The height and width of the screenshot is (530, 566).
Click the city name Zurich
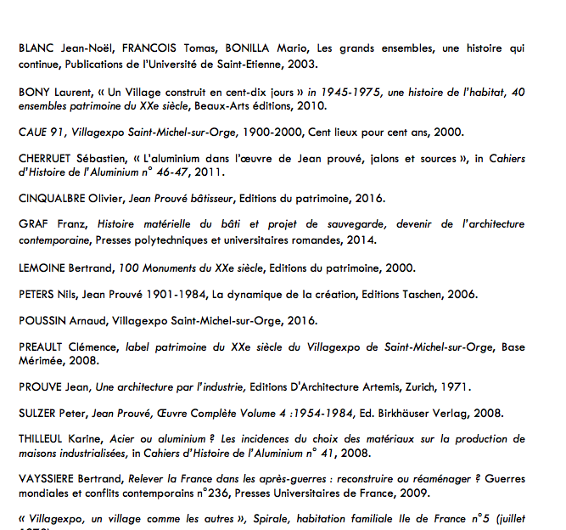pyautogui.click(x=417, y=387)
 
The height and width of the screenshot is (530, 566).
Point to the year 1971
pyautogui.click(x=455, y=387)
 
